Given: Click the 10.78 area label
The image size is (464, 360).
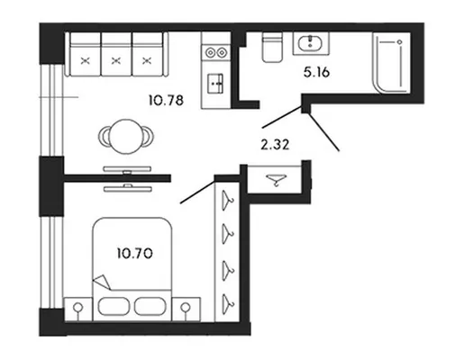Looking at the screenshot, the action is pos(166,100).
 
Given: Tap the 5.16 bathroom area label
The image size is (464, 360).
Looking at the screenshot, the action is pos(316,72).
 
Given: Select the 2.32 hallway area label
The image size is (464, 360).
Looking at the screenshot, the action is pos(275,145).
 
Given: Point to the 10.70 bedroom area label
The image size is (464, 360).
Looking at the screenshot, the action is pos(135,254).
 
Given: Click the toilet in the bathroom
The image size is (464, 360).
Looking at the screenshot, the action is pos(272,47).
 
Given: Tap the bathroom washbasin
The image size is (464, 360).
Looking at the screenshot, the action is pos(311,42).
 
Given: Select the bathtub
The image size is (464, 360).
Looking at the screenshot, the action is pos(391,62).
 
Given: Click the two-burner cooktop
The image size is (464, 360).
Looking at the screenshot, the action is pos(216,52).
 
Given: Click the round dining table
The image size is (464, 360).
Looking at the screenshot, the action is pos(126,137).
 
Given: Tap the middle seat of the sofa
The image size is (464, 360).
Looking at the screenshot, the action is pos(116,54).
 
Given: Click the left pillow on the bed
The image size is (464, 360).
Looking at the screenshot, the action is pos(114,306).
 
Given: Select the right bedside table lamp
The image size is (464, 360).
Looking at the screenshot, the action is pos(186,309).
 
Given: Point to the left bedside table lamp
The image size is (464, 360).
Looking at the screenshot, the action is pos(78,309).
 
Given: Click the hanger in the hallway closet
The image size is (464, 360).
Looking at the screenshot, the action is pos(277,180).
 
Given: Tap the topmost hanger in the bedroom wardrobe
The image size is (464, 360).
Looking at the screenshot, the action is pos(227,200).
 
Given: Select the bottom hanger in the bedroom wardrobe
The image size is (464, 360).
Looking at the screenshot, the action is pos(227,303).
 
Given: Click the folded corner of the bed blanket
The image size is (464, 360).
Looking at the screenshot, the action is pos(102,282).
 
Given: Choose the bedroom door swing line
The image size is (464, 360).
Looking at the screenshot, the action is pos(197,192).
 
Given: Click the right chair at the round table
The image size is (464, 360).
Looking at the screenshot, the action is pos(148,137).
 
